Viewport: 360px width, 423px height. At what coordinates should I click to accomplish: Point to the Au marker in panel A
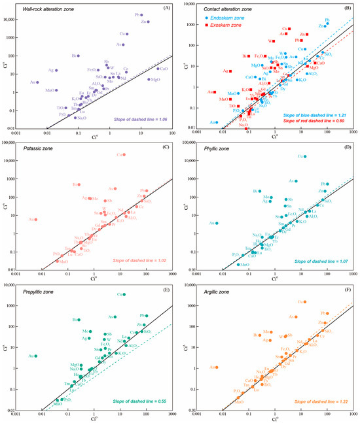click(x=38, y=82)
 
